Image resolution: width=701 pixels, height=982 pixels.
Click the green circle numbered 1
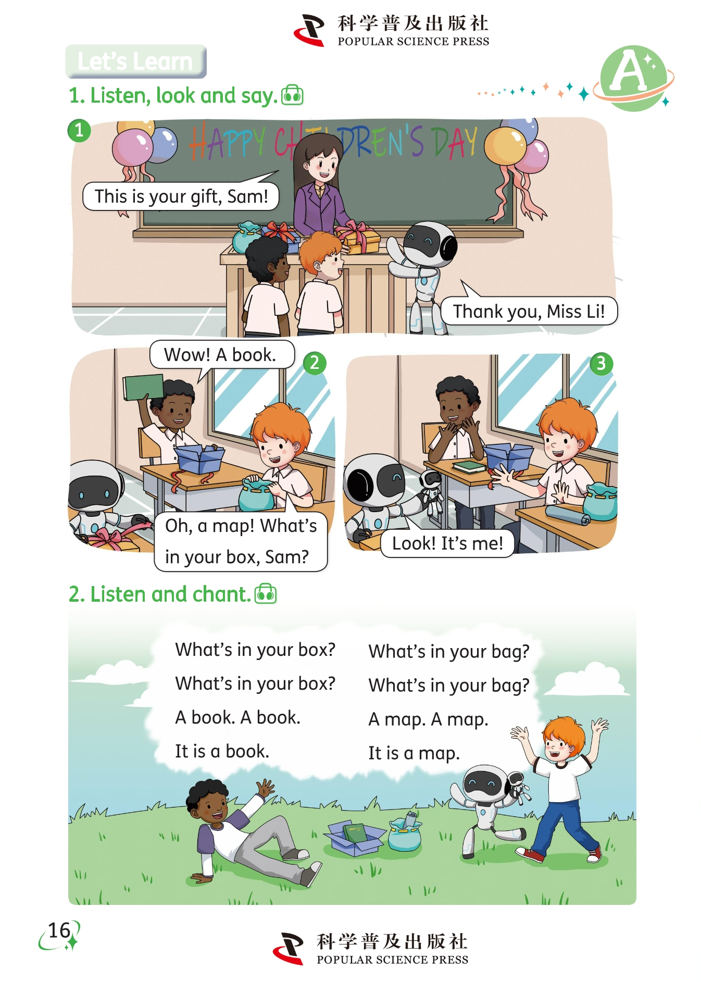[x=79, y=130]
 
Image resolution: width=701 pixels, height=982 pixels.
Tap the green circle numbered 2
[x=315, y=363]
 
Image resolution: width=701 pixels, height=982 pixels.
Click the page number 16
[x=59, y=930]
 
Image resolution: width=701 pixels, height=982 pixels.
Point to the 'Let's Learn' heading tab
[x=135, y=61]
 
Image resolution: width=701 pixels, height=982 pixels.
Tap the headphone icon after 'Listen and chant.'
[x=266, y=593]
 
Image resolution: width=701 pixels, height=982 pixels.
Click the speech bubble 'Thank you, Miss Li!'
[x=529, y=311]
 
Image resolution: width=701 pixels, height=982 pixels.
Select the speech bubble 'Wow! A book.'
[x=221, y=355]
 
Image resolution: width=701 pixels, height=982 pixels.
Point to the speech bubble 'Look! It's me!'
[x=447, y=543]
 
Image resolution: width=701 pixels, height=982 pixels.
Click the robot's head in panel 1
[x=428, y=242]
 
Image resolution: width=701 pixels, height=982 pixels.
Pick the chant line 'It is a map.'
[x=414, y=753]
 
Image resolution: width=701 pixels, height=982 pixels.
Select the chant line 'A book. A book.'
[x=237, y=718]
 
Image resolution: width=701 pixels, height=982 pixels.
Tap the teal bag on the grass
[x=405, y=832]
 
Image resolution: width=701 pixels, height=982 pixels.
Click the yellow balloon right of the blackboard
[x=505, y=146]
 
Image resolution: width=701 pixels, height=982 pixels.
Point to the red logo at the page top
[x=309, y=30]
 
